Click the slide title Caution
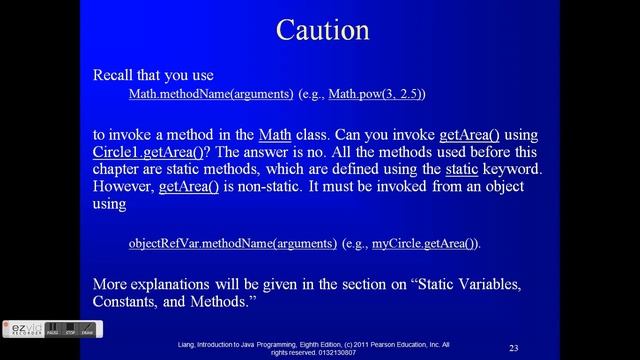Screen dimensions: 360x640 coord(321,29)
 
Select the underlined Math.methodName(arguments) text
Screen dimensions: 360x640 coord(210,94)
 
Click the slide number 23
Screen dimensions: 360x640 coord(513,347)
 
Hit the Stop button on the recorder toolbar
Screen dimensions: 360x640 coord(69,329)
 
